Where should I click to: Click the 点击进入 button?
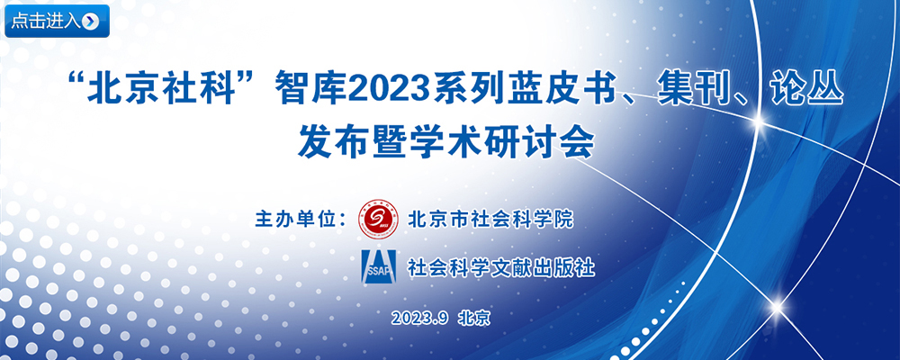pyautogui.click(x=57, y=22)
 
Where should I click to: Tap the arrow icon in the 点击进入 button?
pyautogui.click(x=91, y=22)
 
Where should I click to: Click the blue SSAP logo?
pyautogui.click(x=378, y=266)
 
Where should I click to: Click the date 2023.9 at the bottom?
pyautogui.click(x=419, y=319)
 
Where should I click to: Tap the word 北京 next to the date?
pyautogui.click(x=474, y=319)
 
